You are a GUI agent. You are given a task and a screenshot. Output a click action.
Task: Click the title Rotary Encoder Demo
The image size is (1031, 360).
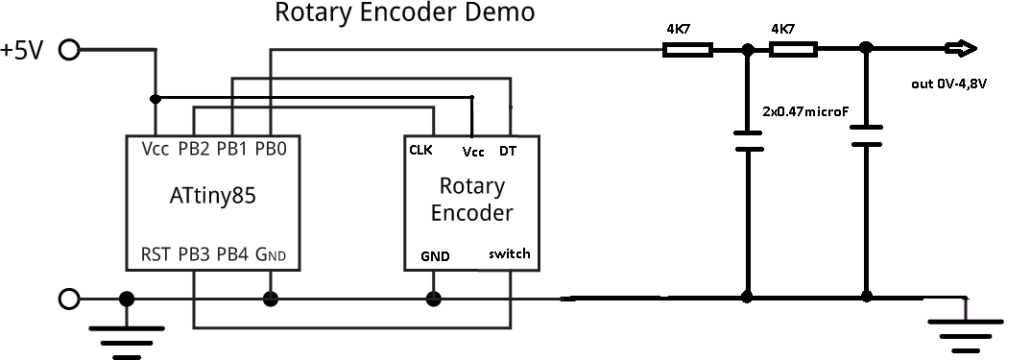point(404,13)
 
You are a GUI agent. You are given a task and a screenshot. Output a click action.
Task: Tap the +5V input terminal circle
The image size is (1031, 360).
point(69,50)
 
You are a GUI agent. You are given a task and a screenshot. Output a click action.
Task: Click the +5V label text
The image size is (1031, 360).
point(23,50)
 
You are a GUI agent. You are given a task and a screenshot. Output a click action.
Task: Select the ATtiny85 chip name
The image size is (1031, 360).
point(213,198)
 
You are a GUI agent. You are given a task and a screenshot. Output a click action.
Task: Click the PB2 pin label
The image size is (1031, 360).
point(195,149)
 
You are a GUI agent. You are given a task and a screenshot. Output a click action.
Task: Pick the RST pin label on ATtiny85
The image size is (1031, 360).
point(156,255)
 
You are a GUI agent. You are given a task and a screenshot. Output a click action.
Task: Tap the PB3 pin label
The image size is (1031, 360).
point(195,255)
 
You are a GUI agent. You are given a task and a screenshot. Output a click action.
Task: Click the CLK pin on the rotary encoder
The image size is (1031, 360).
point(420,150)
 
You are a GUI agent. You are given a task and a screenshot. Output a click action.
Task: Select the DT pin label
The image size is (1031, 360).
point(509,151)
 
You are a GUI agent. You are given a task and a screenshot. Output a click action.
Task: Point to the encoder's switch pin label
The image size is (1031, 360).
point(508,254)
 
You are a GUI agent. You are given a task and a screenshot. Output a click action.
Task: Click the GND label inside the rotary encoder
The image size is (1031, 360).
point(435,256)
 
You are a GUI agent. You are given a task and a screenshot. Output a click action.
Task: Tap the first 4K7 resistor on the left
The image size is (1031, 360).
point(687,49)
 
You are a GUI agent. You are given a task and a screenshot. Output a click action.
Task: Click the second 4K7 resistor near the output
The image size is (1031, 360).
point(792,49)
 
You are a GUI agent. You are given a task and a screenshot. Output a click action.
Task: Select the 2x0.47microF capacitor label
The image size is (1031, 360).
point(805,111)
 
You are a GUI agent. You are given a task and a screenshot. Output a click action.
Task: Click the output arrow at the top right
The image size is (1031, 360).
point(960,49)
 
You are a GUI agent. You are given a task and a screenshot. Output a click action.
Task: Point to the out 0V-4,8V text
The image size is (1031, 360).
point(948,84)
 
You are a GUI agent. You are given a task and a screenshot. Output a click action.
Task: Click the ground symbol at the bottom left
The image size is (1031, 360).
point(125,335)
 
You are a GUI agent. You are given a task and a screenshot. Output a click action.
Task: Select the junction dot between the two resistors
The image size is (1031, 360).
point(747,49)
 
